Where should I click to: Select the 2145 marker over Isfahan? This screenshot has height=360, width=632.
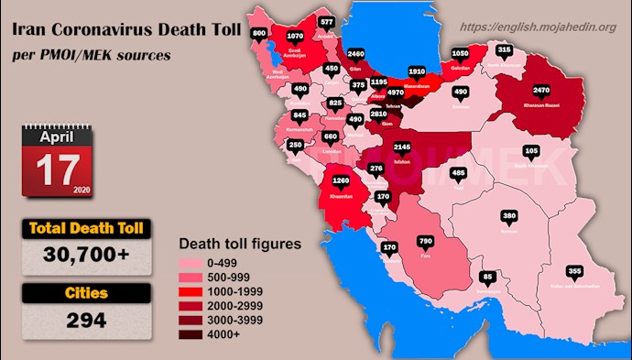[401, 147]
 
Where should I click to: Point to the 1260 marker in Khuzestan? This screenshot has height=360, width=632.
[342, 180]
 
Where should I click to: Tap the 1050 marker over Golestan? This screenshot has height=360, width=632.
[461, 54]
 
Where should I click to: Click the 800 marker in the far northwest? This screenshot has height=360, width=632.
[259, 34]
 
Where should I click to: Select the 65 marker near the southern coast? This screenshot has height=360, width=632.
[487, 276]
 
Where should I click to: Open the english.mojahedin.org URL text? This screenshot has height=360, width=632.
[538, 27]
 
